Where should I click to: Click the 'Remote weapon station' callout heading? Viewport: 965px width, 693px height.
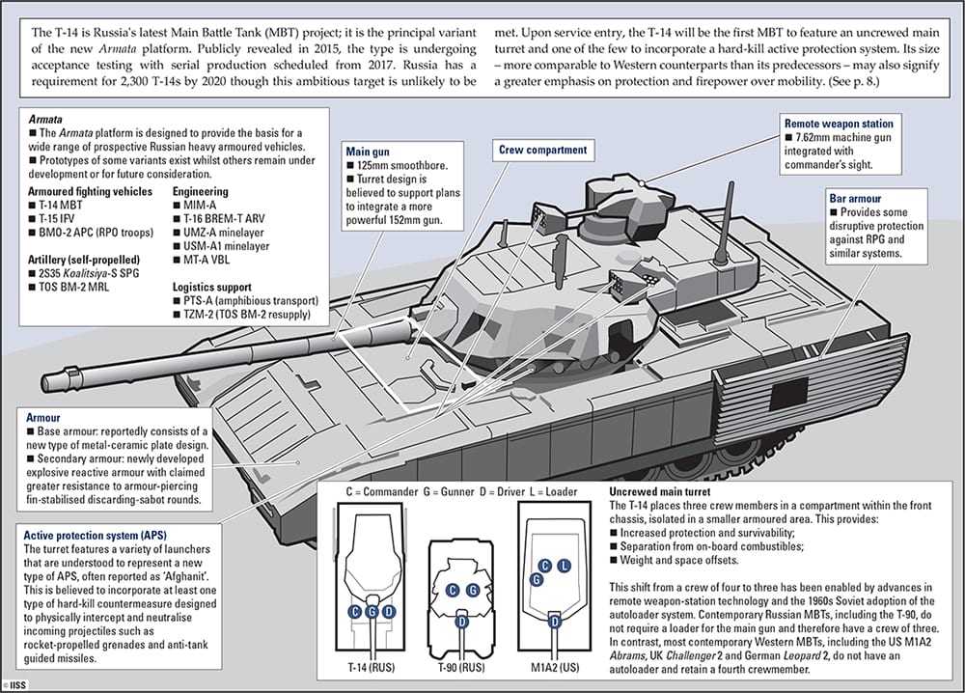coord(839,125)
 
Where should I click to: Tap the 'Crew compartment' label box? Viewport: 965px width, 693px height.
coord(541,151)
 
